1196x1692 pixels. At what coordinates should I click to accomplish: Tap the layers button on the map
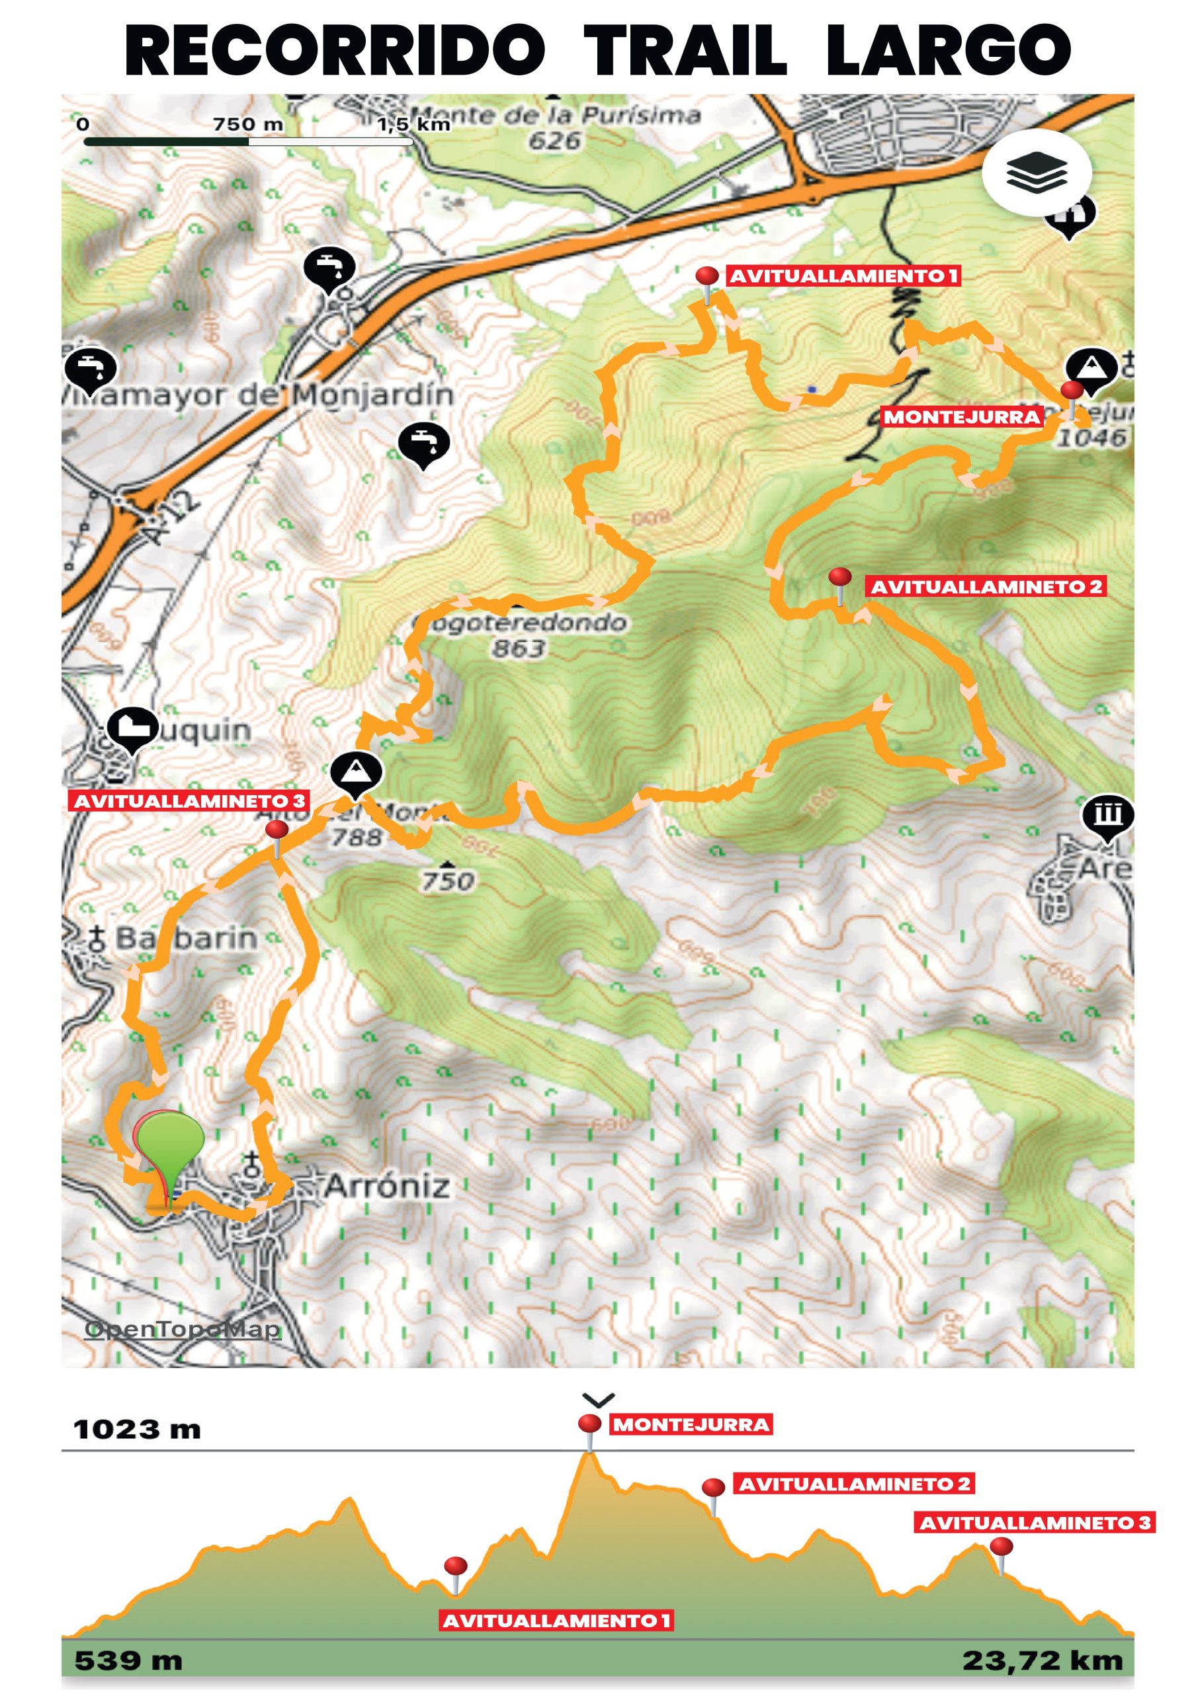click(1035, 173)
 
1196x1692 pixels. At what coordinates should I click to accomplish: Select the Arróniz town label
click(386, 1186)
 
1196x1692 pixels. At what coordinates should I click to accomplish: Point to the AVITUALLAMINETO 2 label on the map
click(986, 587)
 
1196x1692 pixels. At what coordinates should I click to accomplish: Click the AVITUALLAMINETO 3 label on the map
click(189, 801)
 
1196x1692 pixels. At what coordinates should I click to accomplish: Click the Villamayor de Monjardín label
click(258, 396)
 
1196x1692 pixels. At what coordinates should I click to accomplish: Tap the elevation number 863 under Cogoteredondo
click(519, 648)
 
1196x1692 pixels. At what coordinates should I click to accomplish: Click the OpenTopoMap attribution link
click(183, 1328)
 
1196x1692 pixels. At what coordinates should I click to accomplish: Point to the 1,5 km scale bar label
click(413, 124)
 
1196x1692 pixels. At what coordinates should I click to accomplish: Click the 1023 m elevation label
click(137, 1429)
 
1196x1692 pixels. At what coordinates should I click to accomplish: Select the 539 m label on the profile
click(128, 1660)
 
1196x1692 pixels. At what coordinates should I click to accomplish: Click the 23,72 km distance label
click(1042, 1660)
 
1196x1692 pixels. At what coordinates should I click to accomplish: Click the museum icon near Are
click(1107, 815)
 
